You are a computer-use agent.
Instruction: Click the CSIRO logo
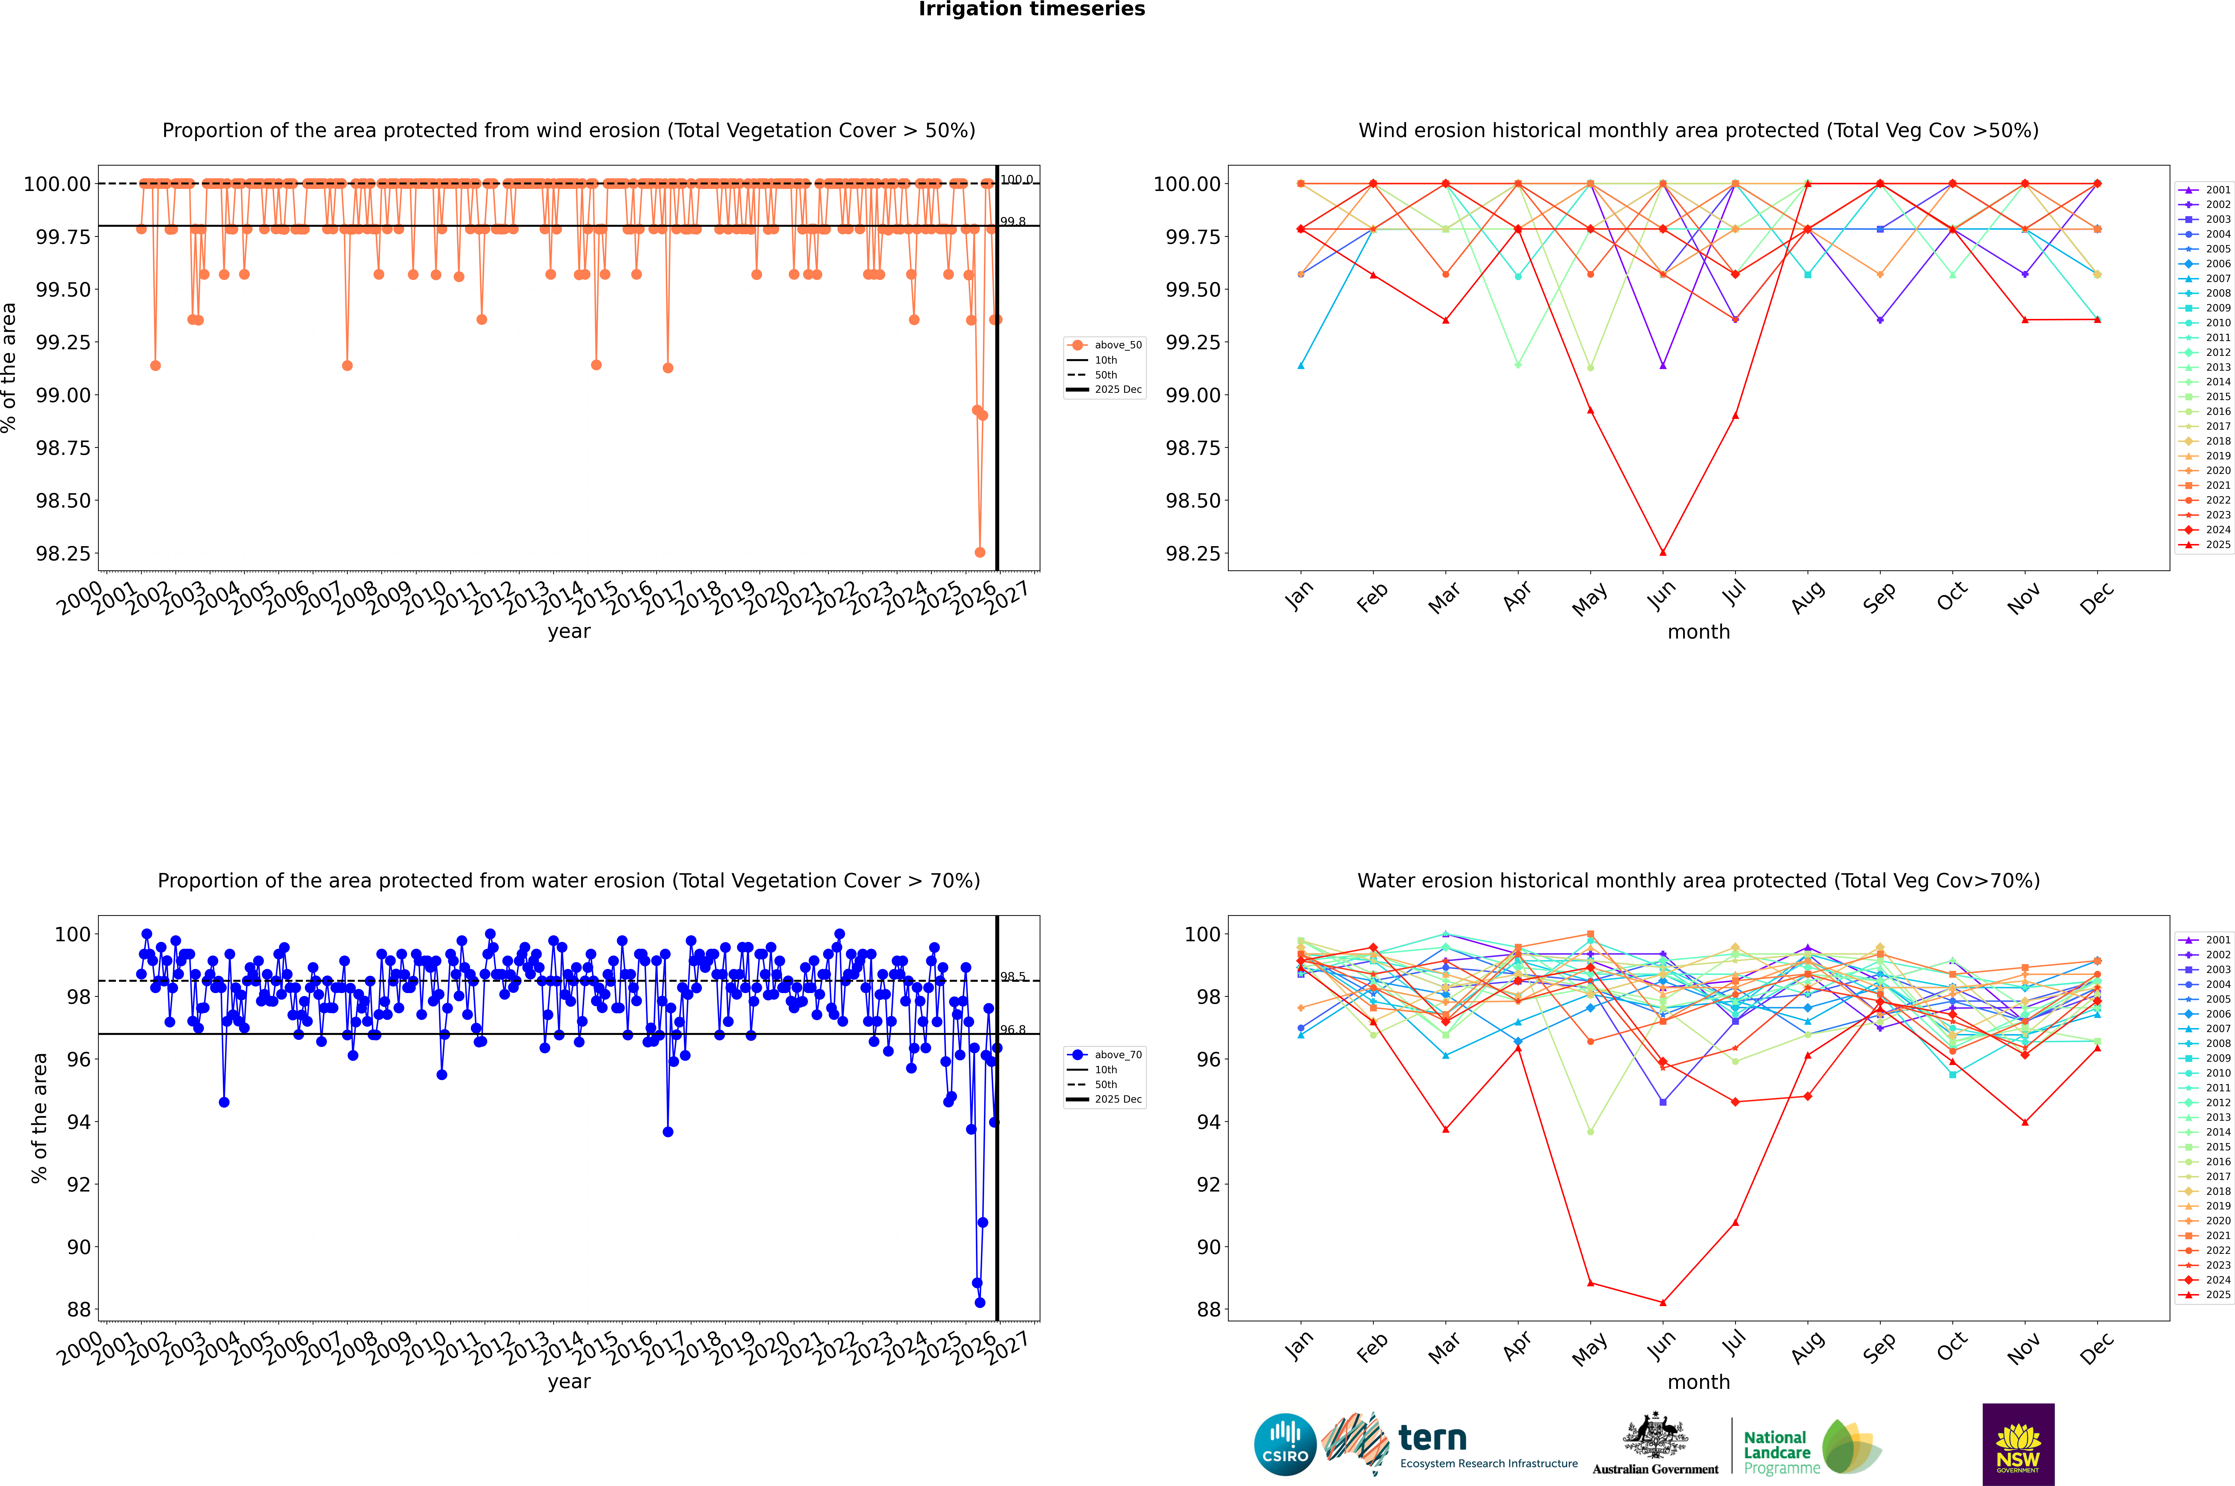click(1285, 1444)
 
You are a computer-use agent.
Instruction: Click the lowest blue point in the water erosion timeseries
click(980, 1302)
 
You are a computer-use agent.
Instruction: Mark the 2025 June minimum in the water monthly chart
click(1663, 1302)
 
